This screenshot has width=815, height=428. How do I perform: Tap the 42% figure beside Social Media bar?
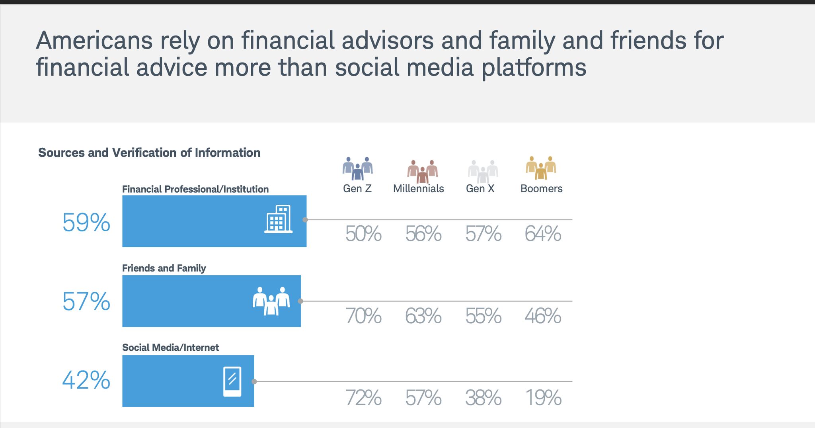click(86, 380)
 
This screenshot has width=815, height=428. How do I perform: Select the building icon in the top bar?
click(279, 219)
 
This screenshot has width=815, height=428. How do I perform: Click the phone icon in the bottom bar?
click(232, 381)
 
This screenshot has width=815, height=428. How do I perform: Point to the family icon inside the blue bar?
click(271, 301)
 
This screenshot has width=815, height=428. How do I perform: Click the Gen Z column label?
click(357, 188)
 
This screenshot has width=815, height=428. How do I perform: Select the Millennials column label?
click(418, 188)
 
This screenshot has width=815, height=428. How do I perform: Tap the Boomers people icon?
click(541, 168)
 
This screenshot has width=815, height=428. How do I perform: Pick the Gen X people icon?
click(483, 171)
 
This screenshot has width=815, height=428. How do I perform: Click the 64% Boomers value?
click(543, 234)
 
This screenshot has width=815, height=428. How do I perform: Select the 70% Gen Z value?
click(363, 316)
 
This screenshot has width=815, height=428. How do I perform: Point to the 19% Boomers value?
click(543, 398)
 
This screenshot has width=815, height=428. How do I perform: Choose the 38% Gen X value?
click(483, 398)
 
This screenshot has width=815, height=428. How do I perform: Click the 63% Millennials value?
click(423, 316)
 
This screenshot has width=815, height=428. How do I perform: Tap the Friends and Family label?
click(164, 268)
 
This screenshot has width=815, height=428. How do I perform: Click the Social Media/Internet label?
click(170, 347)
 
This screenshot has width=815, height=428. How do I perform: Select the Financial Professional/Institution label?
click(195, 189)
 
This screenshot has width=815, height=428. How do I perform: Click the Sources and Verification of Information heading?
click(149, 152)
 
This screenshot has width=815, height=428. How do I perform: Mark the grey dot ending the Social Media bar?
click(254, 381)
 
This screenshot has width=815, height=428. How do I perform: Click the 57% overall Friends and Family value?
click(86, 301)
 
